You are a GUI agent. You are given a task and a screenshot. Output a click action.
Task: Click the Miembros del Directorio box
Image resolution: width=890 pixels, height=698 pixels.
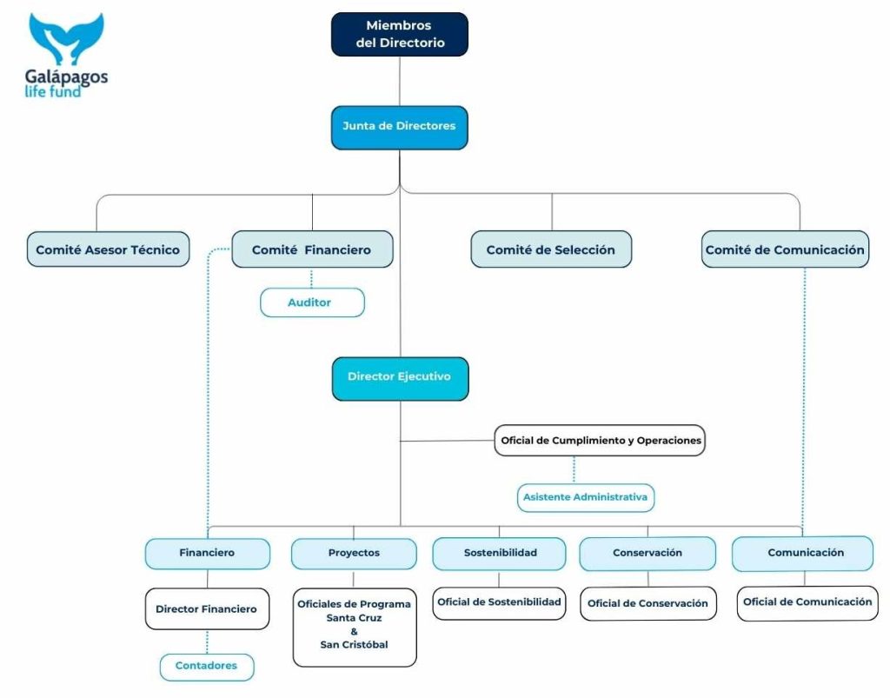(399, 34)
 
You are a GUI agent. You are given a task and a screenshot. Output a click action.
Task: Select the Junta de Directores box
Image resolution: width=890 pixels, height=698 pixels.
(399, 127)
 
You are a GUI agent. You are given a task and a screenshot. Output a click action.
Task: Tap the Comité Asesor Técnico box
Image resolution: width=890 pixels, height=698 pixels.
(108, 249)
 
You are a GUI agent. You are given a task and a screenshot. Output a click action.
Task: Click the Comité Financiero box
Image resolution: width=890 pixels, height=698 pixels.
(312, 249)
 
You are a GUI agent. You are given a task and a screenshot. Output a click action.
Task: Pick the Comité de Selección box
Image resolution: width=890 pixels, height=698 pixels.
(551, 249)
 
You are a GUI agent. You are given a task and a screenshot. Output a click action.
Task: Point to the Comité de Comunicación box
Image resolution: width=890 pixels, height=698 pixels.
(785, 249)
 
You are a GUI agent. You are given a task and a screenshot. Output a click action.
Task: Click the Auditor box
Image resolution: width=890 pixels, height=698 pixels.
(312, 302)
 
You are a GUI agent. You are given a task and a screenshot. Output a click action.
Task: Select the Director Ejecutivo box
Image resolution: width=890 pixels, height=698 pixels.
(400, 378)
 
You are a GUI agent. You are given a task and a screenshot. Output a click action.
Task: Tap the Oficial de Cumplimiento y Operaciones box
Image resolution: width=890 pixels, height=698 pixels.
(600, 441)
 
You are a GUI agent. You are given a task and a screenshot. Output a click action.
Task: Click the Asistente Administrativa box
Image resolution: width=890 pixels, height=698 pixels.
(585, 498)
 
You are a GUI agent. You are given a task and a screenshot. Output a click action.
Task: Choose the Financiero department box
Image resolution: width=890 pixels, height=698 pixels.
(207, 553)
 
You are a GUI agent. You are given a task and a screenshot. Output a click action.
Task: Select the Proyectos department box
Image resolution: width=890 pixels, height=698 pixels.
(354, 553)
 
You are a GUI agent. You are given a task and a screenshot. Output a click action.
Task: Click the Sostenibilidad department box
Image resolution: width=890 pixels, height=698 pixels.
(500, 553)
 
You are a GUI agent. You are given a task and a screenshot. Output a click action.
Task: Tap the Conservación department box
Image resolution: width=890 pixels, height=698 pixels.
(648, 553)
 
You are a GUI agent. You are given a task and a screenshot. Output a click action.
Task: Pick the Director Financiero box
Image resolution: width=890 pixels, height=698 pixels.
(207, 609)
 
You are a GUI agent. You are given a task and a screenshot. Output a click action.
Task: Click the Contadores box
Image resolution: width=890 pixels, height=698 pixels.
(207, 667)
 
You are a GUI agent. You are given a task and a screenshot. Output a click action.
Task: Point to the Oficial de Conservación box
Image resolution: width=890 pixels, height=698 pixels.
(648, 603)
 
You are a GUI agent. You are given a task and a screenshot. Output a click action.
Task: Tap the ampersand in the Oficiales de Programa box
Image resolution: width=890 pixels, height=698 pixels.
(354, 631)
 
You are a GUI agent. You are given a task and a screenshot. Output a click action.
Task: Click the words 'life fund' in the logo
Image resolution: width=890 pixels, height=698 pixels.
(53, 90)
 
